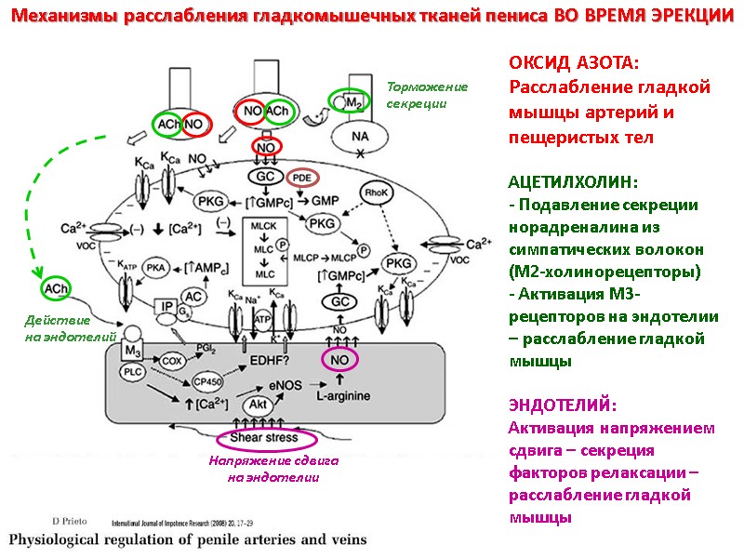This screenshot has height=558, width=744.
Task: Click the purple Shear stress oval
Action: point(268,437)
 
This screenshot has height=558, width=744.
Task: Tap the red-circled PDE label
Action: point(302,177)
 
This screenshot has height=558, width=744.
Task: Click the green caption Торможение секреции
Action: point(427,95)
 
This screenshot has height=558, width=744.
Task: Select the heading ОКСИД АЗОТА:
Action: point(574,63)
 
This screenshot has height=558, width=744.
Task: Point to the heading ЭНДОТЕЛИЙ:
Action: point(562,405)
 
